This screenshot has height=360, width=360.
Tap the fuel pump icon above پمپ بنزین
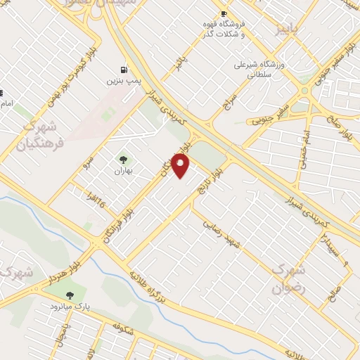(124, 70)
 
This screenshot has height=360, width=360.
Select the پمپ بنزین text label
(124, 82)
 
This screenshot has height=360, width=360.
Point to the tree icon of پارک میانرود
(69, 295)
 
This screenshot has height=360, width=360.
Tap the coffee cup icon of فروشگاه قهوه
(224, 14)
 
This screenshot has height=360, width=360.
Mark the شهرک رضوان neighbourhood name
(289, 278)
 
